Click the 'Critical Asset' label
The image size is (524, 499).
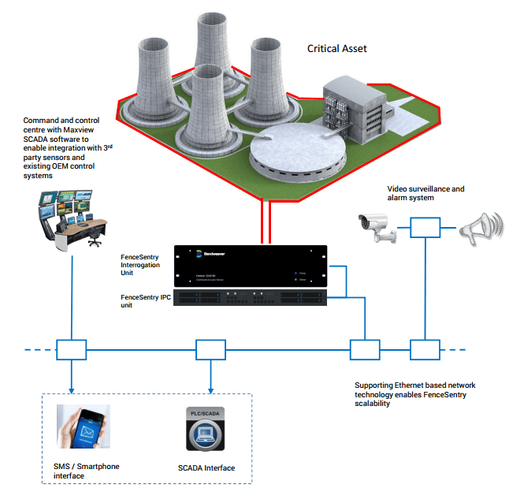pyautogui.click(x=336, y=49)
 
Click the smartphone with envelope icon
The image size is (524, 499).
pyautogui.click(x=83, y=426)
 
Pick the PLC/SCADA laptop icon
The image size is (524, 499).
pyautogui.click(x=205, y=430)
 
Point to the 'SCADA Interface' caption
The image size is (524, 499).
pyautogui.click(x=206, y=468)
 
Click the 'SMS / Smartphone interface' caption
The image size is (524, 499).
pyautogui.click(x=81, y=471)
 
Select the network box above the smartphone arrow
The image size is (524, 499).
pyautogui.click(x=71, y=348)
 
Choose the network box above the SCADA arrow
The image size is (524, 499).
pyautogui.click(x=210, y=348)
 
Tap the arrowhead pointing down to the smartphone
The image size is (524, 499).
pyautogui.click(x=71, y=391)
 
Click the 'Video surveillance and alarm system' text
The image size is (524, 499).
pyautogui.click(x=426, y=194)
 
